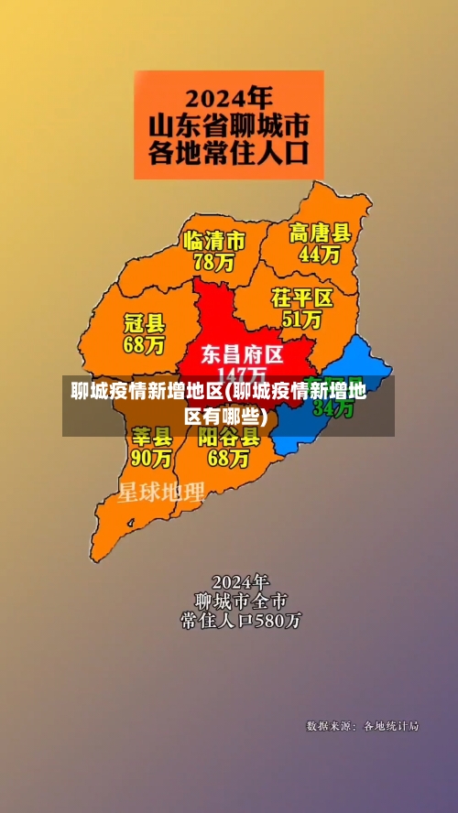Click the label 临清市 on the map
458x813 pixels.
214,241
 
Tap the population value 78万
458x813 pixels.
213,262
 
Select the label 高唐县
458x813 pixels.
320,233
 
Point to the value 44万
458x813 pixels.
320,254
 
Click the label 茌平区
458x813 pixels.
301,298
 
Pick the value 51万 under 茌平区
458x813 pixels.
301,320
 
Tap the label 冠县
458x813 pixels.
144,323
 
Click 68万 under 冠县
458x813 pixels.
144,345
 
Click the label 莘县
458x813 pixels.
152,434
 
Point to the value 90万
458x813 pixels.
152,455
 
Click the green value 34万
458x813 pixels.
333,409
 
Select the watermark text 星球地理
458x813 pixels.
161,493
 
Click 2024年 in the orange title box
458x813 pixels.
229,96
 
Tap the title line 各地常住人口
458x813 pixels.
229,151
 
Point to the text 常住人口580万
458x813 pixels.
241,621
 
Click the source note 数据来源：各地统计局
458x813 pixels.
362,726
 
